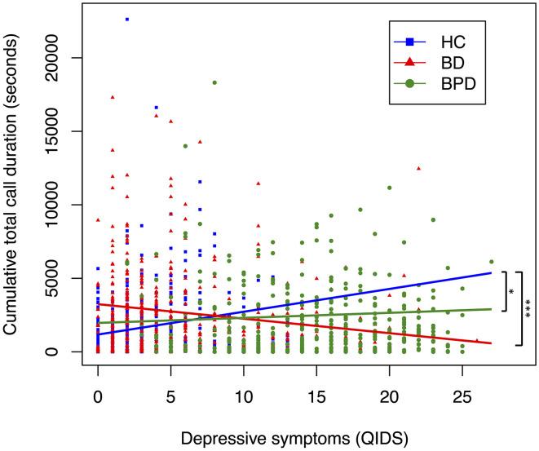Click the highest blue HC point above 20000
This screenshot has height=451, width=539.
[x=127, y=19]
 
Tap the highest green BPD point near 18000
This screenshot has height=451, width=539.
[x=214, y=82]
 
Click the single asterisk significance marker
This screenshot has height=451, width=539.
[x=512, y=291]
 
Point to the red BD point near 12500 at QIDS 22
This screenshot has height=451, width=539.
[x=418, y=168]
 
